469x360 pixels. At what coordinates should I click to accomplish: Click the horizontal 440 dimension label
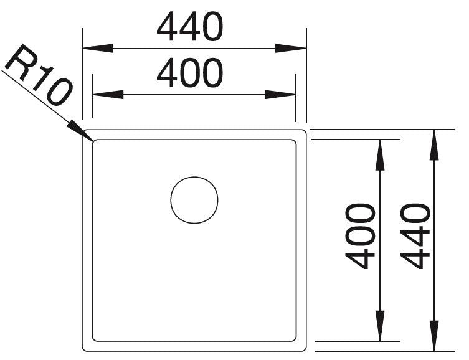pos(189,27)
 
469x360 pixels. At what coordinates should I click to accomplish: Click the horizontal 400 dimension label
pos(189,73)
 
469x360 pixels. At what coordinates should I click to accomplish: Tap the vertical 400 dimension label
pos(360,236)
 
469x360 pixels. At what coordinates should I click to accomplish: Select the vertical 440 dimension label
pos(415,236)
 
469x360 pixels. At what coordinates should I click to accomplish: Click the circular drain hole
pos(194,200)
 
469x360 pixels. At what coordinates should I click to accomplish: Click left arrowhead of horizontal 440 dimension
pos(98,48)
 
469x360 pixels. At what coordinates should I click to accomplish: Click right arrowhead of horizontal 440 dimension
pos(291,48)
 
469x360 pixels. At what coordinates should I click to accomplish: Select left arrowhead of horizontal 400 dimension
pos(108,95)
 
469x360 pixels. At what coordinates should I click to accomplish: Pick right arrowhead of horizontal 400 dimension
pos(280,95)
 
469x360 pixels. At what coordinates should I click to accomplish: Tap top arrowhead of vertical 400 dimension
pos(380,155)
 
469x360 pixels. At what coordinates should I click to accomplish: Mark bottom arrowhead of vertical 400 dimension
pos(380,326)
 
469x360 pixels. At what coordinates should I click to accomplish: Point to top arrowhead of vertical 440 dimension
pos(434,145)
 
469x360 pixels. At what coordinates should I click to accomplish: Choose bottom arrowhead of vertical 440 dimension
pos(434,336)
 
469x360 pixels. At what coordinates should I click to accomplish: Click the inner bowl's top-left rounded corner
pos(94,141)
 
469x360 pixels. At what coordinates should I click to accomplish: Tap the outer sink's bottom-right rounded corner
pos(304,349)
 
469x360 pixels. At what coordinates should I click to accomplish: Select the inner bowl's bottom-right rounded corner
pos(295,339)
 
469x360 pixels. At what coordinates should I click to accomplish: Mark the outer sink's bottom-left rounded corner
pos(84,349)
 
